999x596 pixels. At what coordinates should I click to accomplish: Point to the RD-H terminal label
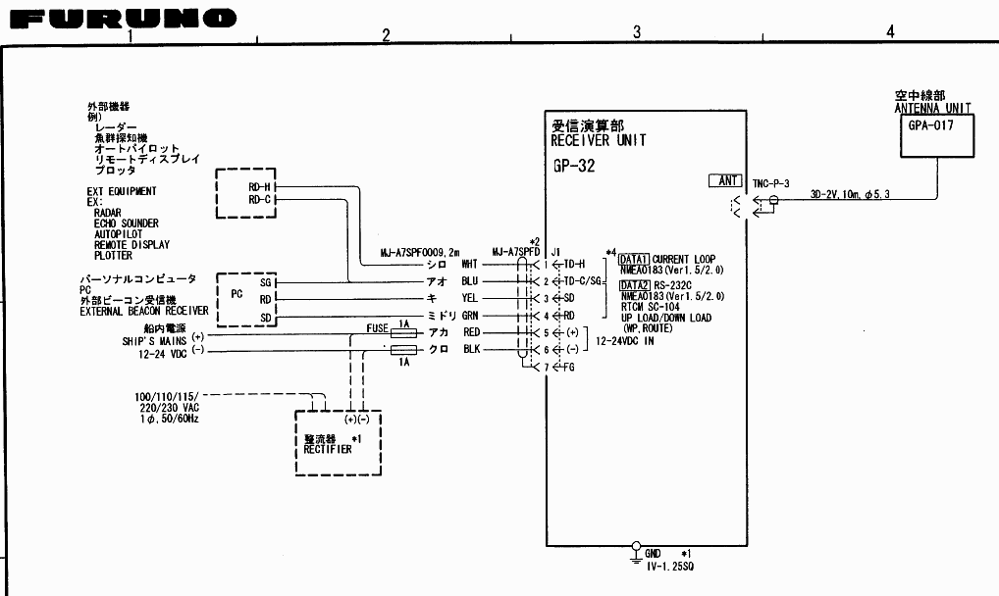(260, 185)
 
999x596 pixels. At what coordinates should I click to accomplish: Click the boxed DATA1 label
(634, 259)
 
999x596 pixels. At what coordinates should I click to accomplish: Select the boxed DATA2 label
(634, 285)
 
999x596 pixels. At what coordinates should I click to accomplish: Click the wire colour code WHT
(470, 264)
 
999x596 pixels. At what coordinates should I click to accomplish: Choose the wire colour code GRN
(470, 316)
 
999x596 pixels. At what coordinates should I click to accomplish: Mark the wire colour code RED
(471, 333)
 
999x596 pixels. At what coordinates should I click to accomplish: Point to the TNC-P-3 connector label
(771, 183)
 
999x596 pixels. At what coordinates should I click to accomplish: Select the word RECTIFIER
(328, 449)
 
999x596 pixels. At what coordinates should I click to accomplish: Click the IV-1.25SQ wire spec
(670, 567)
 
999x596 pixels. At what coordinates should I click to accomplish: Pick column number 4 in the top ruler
(889, 32)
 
